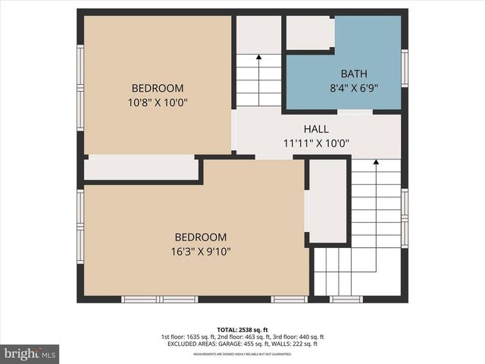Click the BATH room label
[354, 74]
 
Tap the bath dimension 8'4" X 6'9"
[354, 87]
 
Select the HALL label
[316, 129]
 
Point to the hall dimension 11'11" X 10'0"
[316, 143]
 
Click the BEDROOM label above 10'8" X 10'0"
[158, 88]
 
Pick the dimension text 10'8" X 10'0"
[158, 102]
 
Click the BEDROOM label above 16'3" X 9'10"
[201, 237]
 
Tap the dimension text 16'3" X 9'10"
[201, 251]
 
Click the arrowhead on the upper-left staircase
[258, 56]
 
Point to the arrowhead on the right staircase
[376, 162]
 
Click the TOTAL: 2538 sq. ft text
[242, 330]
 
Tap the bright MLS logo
[30, 353]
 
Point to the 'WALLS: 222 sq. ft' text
[293, 344]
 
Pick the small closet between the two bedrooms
[140, 168]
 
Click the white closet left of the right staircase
[327, 201]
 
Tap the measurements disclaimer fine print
[242, 354]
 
